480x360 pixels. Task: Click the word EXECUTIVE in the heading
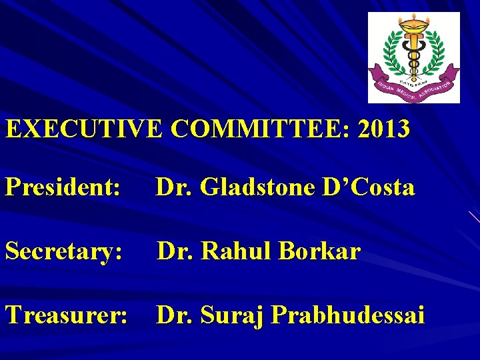pyautogui.click(x=83, y=129)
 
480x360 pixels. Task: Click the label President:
pyautogui.click(x=63, y=188)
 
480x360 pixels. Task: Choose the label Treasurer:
pyautogui.click(x=66, y=315)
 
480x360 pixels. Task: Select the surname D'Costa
pyautogui.click(x=370, y=188)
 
